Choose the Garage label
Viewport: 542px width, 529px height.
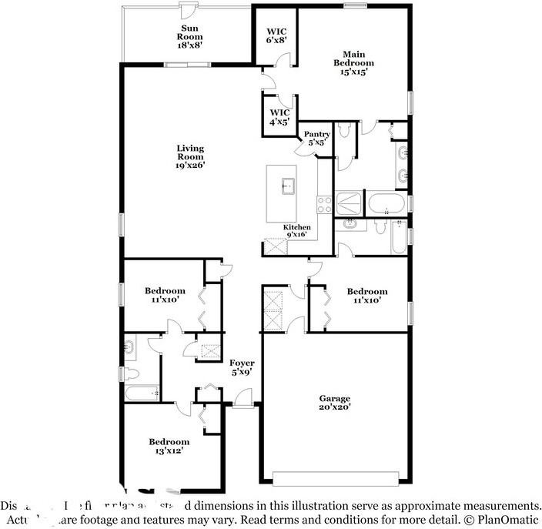coord(335,403)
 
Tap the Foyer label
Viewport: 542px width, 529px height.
coord(242,367)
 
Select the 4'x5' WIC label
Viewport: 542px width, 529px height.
coord(279,117)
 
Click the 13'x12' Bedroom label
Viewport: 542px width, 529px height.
coord(169,447)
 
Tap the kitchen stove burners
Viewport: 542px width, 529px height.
coord(324,205)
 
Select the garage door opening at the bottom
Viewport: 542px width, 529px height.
coord(336,481)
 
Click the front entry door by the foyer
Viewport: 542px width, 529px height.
coord(243,400)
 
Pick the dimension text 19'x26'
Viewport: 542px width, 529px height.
coord(189,166)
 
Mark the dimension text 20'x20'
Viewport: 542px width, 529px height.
coord(335,407)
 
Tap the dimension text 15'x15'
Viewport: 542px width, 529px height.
coord(354,72)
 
